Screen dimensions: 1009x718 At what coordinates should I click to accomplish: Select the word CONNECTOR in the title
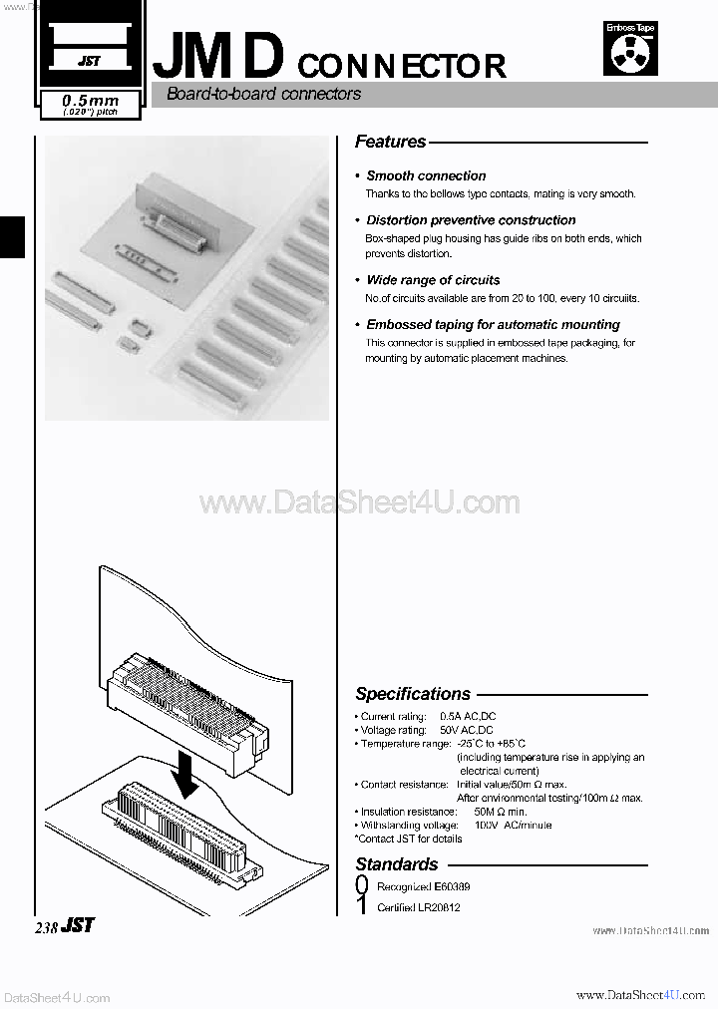pos(401,66)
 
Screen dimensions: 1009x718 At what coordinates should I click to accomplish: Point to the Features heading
pos(391,142)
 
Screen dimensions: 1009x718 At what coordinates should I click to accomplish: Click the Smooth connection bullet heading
pos(426,175)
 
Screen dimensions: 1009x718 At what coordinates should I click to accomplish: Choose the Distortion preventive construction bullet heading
pos(471,220)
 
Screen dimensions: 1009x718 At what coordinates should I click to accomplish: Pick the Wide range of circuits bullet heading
pos(433,280)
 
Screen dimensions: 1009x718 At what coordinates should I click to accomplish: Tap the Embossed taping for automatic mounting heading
pos(493,325)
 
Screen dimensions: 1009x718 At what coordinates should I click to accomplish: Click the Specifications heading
pos(413,694)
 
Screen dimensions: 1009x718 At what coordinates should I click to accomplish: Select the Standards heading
pos(397,864)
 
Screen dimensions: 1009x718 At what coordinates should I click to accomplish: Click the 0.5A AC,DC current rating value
pos(468,717)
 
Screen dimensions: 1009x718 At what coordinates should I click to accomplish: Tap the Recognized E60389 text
pos(424,886)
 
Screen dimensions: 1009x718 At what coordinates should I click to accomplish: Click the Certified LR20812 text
pos(419,907)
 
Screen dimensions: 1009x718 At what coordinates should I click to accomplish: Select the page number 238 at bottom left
pos(47,926)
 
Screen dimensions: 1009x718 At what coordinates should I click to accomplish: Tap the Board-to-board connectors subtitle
pos(263,95)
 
